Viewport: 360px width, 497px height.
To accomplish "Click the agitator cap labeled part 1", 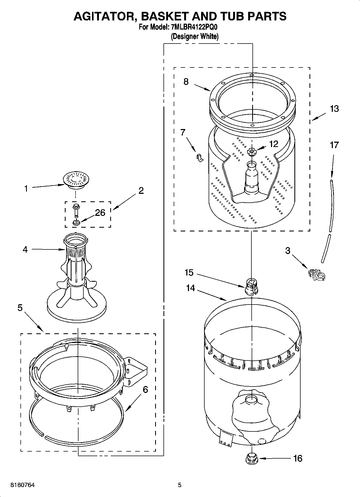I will click(76, 179).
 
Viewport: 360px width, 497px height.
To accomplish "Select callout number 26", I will click(100, 213).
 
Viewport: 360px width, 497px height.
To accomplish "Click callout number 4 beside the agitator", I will click(25, 249).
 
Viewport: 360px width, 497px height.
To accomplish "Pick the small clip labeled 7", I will click(199, 158).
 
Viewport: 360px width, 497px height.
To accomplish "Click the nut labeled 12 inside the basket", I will click(251, 152).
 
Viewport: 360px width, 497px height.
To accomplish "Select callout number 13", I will click(334, 109).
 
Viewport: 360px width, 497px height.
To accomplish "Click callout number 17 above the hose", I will click(334, 145).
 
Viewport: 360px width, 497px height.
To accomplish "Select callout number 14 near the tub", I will click(190, 288).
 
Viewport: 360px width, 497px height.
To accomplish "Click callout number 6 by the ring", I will click(145, 389).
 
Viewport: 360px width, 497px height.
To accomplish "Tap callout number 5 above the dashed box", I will click(20, 308).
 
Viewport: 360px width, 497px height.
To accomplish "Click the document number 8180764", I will click(22, 485).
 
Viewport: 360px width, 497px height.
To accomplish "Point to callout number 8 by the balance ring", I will click(186, 81).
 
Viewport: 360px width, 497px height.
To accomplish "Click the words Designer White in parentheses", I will click(195, 36).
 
